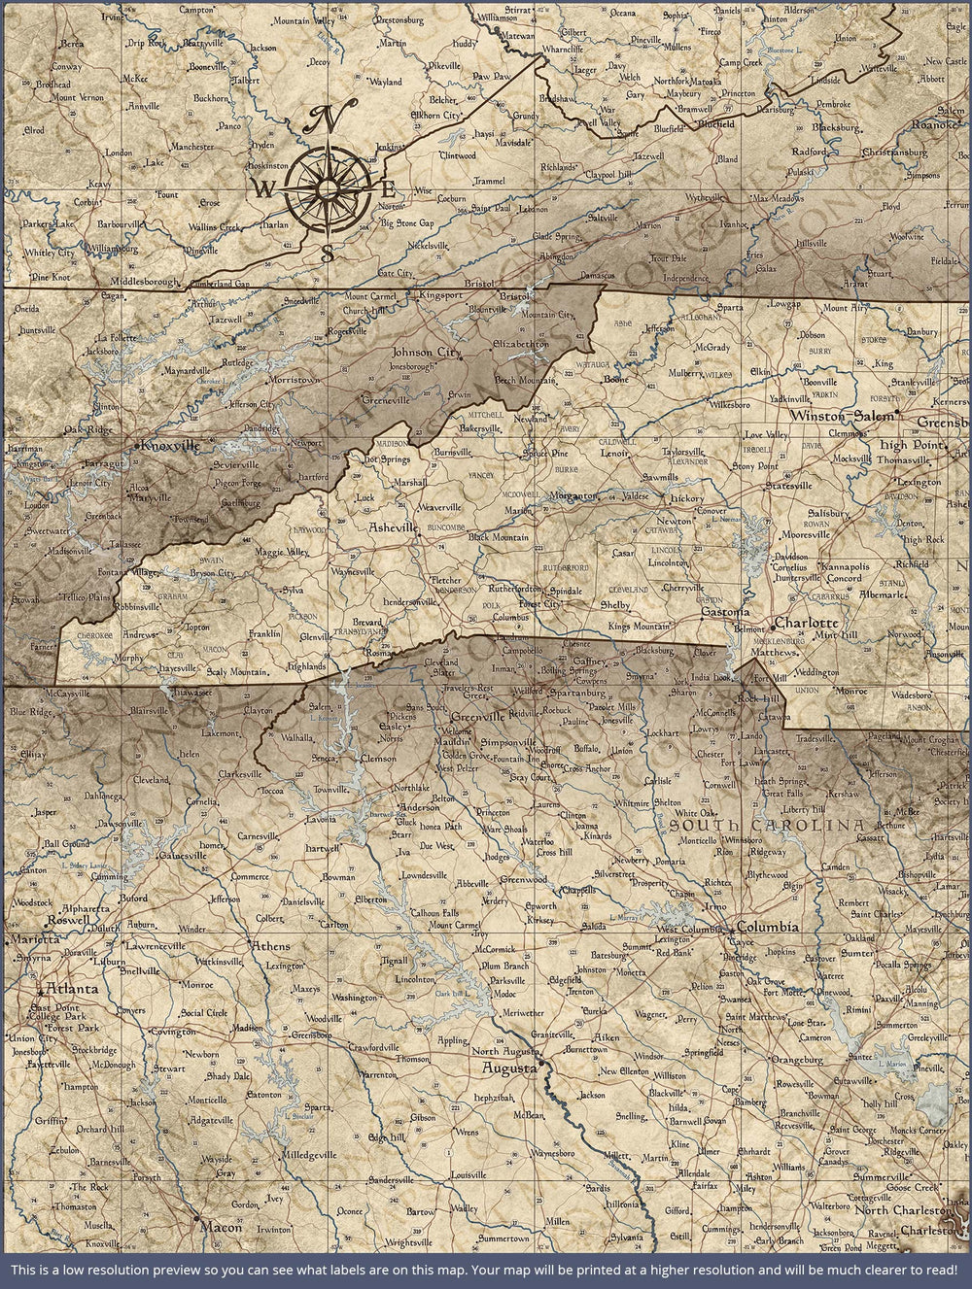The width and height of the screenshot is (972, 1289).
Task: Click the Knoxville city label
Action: (x=170, y=446)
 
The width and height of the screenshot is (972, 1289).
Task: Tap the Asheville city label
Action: (x=393, y=527)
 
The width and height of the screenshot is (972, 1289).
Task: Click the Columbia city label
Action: (x=768, y=927)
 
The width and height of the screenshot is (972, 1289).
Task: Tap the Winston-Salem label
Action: (x=842, y=416)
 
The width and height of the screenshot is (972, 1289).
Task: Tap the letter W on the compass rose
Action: (x=263, y=187)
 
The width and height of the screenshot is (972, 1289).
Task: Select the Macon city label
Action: (x=221, y=1227)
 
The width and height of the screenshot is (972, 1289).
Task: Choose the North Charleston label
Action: (x=900, y=1210)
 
